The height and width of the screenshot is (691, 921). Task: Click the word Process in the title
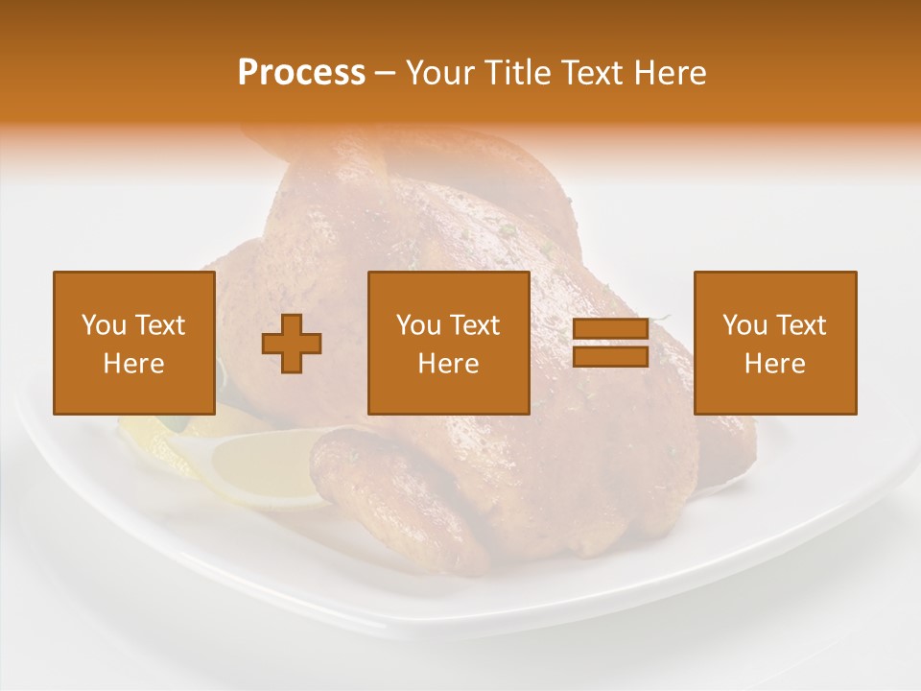[301, 73]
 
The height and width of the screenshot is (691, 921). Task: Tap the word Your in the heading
[440, 73]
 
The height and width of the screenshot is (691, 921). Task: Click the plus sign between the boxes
[292, 344]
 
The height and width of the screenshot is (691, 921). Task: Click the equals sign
[610, 344]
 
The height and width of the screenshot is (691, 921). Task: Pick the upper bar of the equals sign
[610, 329]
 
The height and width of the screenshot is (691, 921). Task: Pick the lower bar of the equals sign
[610, 357]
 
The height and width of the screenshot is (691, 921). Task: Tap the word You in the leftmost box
[103, 325]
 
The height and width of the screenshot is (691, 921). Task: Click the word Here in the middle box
[449, 364]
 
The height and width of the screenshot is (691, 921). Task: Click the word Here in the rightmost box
[775, 364]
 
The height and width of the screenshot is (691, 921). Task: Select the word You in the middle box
[417, 325]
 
